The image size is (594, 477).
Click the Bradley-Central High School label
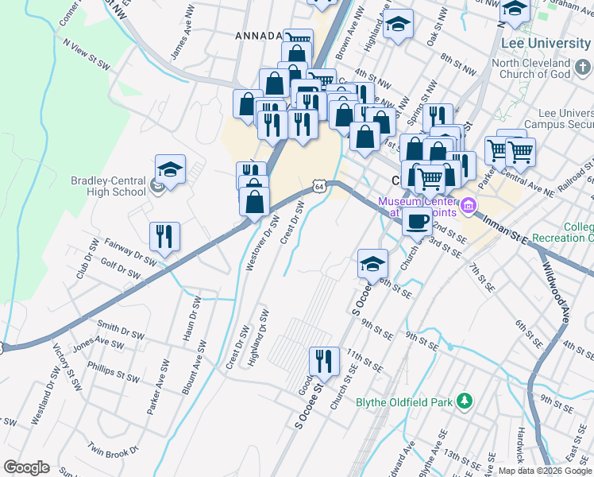tap(108, 186)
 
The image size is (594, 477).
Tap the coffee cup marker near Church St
tap(417, 222)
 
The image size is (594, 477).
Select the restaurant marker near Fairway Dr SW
tap(164, 236)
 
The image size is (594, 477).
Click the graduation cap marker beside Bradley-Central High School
tap(170, 169)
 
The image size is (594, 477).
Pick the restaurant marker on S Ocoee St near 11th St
tap(323, 361)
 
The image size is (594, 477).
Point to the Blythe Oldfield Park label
tap(404, 402)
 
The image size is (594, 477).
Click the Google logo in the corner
tap(26, 467)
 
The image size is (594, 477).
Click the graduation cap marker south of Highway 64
tap(372, 263)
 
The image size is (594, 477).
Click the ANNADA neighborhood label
tap(258, 36)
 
